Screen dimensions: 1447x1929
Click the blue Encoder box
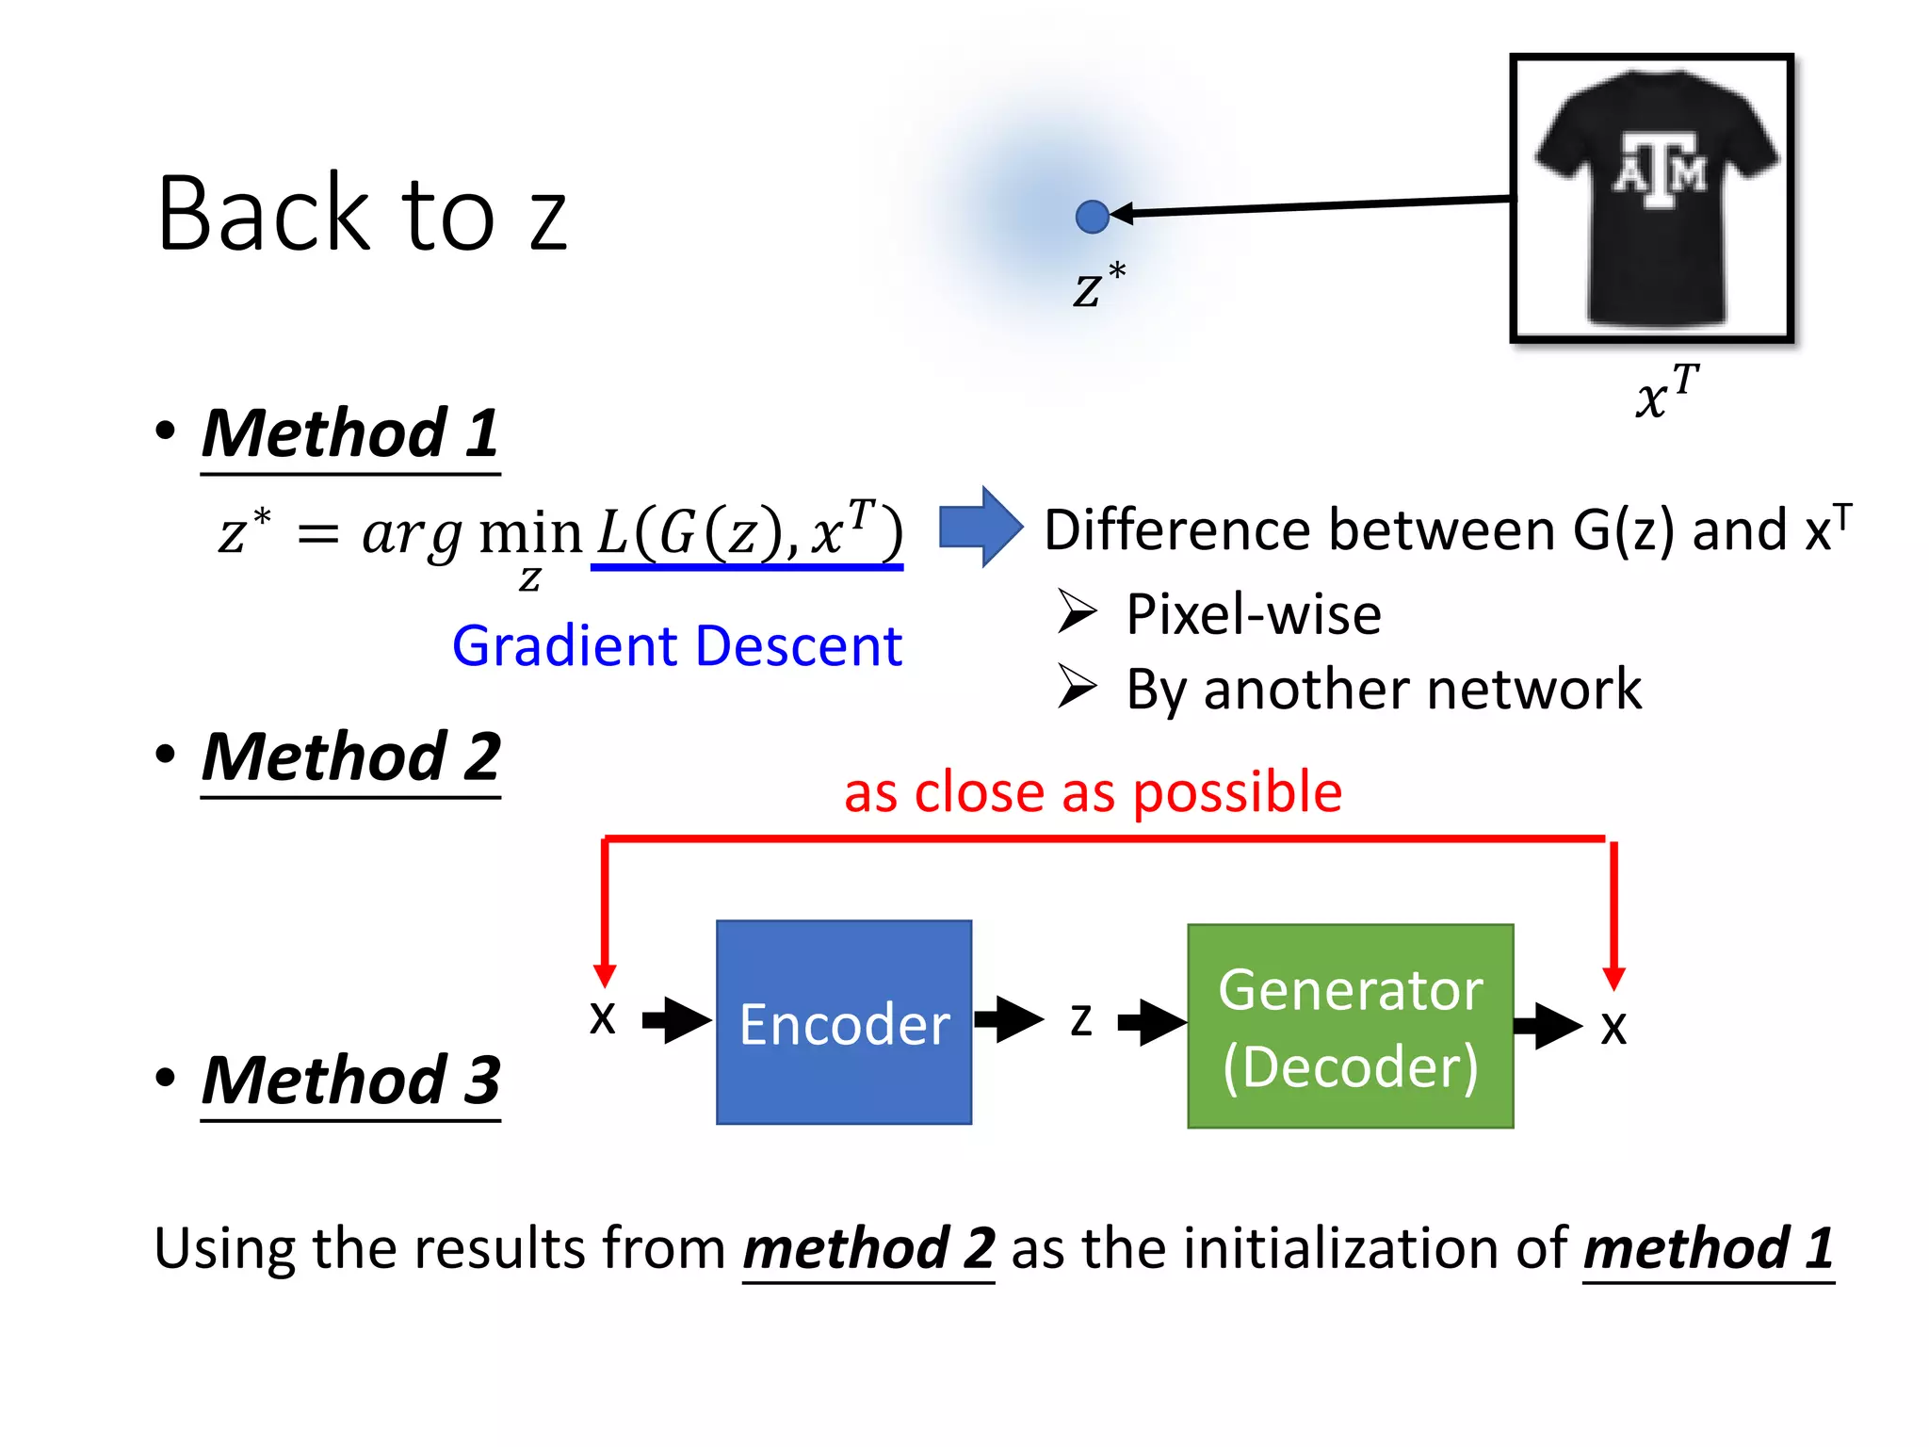843,1022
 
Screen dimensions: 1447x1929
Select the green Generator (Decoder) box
1350,1026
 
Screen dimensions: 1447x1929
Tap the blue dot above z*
1092,217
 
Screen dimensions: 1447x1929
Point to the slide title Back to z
362,215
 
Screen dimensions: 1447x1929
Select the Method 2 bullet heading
349,757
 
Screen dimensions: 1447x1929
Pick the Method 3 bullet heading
349,1081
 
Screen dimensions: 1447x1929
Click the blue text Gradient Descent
676,646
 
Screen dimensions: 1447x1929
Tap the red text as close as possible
1093,791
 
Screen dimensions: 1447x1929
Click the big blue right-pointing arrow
981,527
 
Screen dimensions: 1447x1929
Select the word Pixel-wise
1253,614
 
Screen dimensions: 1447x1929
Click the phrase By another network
1383,689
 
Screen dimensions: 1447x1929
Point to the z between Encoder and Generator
1081,1020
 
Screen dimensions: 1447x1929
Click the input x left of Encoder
603,1018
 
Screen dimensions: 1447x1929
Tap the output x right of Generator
1613,1028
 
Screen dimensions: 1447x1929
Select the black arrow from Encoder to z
1009,1018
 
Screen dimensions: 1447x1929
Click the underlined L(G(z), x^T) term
749,532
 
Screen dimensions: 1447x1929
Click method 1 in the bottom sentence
1708,1248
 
